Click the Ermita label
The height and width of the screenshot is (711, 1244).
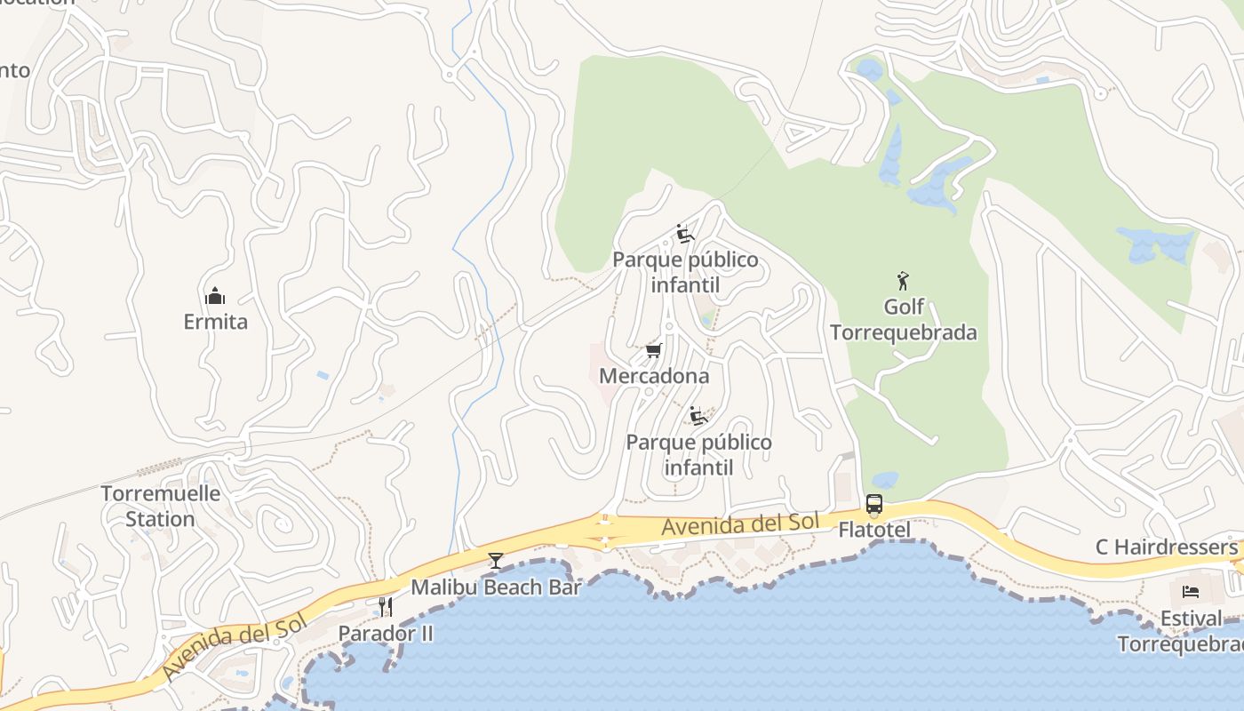[x=215, y=322]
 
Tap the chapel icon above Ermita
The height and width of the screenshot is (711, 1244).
[x=215, y=296]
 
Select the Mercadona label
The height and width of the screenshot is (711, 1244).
[x=654, y=376]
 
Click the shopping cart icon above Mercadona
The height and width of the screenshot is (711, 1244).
[x=654, y=350]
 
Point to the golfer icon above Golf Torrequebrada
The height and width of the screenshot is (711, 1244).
[x=904, y=281]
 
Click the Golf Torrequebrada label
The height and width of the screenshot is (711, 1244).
[x=904, y=320]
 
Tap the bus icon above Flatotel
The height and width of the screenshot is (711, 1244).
[x=874, y=505]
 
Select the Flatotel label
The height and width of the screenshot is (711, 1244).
[x=874, y=530]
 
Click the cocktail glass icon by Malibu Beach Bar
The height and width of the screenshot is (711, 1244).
[x=496, y=561]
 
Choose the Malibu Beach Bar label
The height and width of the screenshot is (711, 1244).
[x=496, y=587]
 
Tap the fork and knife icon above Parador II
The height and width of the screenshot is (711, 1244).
[x=386, y=607]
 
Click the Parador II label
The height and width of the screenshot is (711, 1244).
[x=386, y=634]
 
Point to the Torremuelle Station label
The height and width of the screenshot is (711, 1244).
[x=161, y=506]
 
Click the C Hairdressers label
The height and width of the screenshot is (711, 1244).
[x=1166, y=547]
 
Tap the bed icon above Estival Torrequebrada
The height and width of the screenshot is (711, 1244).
[x=1191, y=592]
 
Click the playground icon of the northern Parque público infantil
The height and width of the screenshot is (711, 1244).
[x=685, y=234]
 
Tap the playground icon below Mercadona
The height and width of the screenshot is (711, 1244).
[x=698, y=416]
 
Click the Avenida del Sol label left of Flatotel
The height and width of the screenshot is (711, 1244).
[x=739, y=525]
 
